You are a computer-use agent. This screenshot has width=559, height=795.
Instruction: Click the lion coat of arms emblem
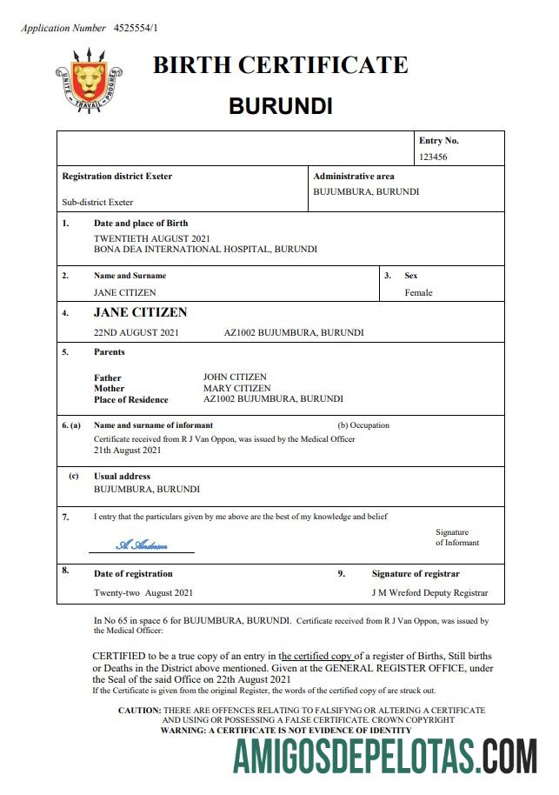(88, 81)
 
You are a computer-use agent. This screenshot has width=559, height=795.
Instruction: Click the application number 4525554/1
(136, 28)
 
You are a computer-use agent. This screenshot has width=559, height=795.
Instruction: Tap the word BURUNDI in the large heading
(280, 106)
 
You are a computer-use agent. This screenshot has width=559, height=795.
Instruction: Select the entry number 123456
(433, 157)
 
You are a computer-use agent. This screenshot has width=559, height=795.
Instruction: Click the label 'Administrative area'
(353, 177)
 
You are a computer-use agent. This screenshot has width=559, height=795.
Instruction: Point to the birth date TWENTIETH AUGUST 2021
(151, 238)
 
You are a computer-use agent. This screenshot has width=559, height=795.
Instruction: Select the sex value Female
(418, 293)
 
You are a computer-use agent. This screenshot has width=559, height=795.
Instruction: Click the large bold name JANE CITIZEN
(140, 312)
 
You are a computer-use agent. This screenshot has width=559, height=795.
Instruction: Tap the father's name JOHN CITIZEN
(235, 377)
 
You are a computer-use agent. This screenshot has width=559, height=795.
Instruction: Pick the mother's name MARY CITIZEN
(236, 388)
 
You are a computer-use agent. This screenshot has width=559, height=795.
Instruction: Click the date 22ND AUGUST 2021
(136, 332)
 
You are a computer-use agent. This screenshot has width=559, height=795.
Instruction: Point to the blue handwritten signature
(142, 545)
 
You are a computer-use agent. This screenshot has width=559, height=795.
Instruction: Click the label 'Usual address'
(122, 477)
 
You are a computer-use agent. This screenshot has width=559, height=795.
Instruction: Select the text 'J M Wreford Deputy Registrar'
(429, 593)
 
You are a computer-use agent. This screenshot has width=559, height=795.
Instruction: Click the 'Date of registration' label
(133, 574)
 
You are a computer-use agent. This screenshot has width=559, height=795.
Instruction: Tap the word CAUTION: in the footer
(139, 711)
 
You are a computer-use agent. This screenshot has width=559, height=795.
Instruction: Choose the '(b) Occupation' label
(363, 425)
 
